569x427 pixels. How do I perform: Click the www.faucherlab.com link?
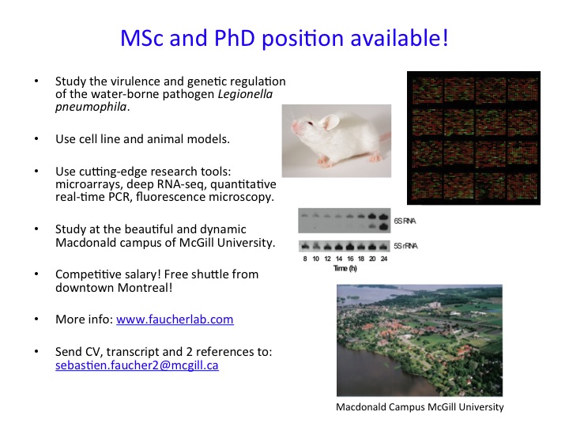coord(175,319)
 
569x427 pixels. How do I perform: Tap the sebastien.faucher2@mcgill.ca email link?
coord(138,365)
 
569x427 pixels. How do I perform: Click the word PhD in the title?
coord(235,38)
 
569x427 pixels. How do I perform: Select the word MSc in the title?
coord(142,38)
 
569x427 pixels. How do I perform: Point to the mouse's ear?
coord(330,122)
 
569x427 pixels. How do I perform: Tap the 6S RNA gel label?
coord(405,221)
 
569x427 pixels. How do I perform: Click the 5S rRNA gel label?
coord(405,246)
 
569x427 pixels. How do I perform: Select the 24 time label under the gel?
coord(384,259)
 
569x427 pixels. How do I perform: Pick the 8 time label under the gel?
coord(305,259)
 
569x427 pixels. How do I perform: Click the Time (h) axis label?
coord(345,268)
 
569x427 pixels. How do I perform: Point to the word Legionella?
coord(245,94)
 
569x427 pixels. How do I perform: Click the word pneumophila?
coord(91,107)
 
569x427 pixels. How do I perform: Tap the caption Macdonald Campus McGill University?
coord(420,407)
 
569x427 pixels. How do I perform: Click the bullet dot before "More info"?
coord(36,319)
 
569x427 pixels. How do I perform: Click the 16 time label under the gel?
coord(350,259)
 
